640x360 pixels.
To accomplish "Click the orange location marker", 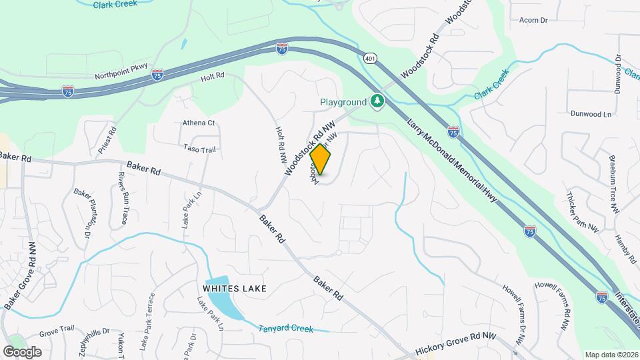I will [321, 159].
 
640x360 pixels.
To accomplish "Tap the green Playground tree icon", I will [377, 101].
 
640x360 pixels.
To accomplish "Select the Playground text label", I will [343, 102].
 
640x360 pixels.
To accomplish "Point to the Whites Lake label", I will [235, 289].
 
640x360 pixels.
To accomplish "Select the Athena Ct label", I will [199, 123].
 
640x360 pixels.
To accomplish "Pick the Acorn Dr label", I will [533, 20].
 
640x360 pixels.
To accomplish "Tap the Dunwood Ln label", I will [591, 114].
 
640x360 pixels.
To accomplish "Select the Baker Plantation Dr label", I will [83, 213].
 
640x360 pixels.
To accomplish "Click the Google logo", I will [22, 352].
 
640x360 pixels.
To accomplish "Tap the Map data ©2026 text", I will [611, 355].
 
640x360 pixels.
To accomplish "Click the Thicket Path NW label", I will [582, 213].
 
